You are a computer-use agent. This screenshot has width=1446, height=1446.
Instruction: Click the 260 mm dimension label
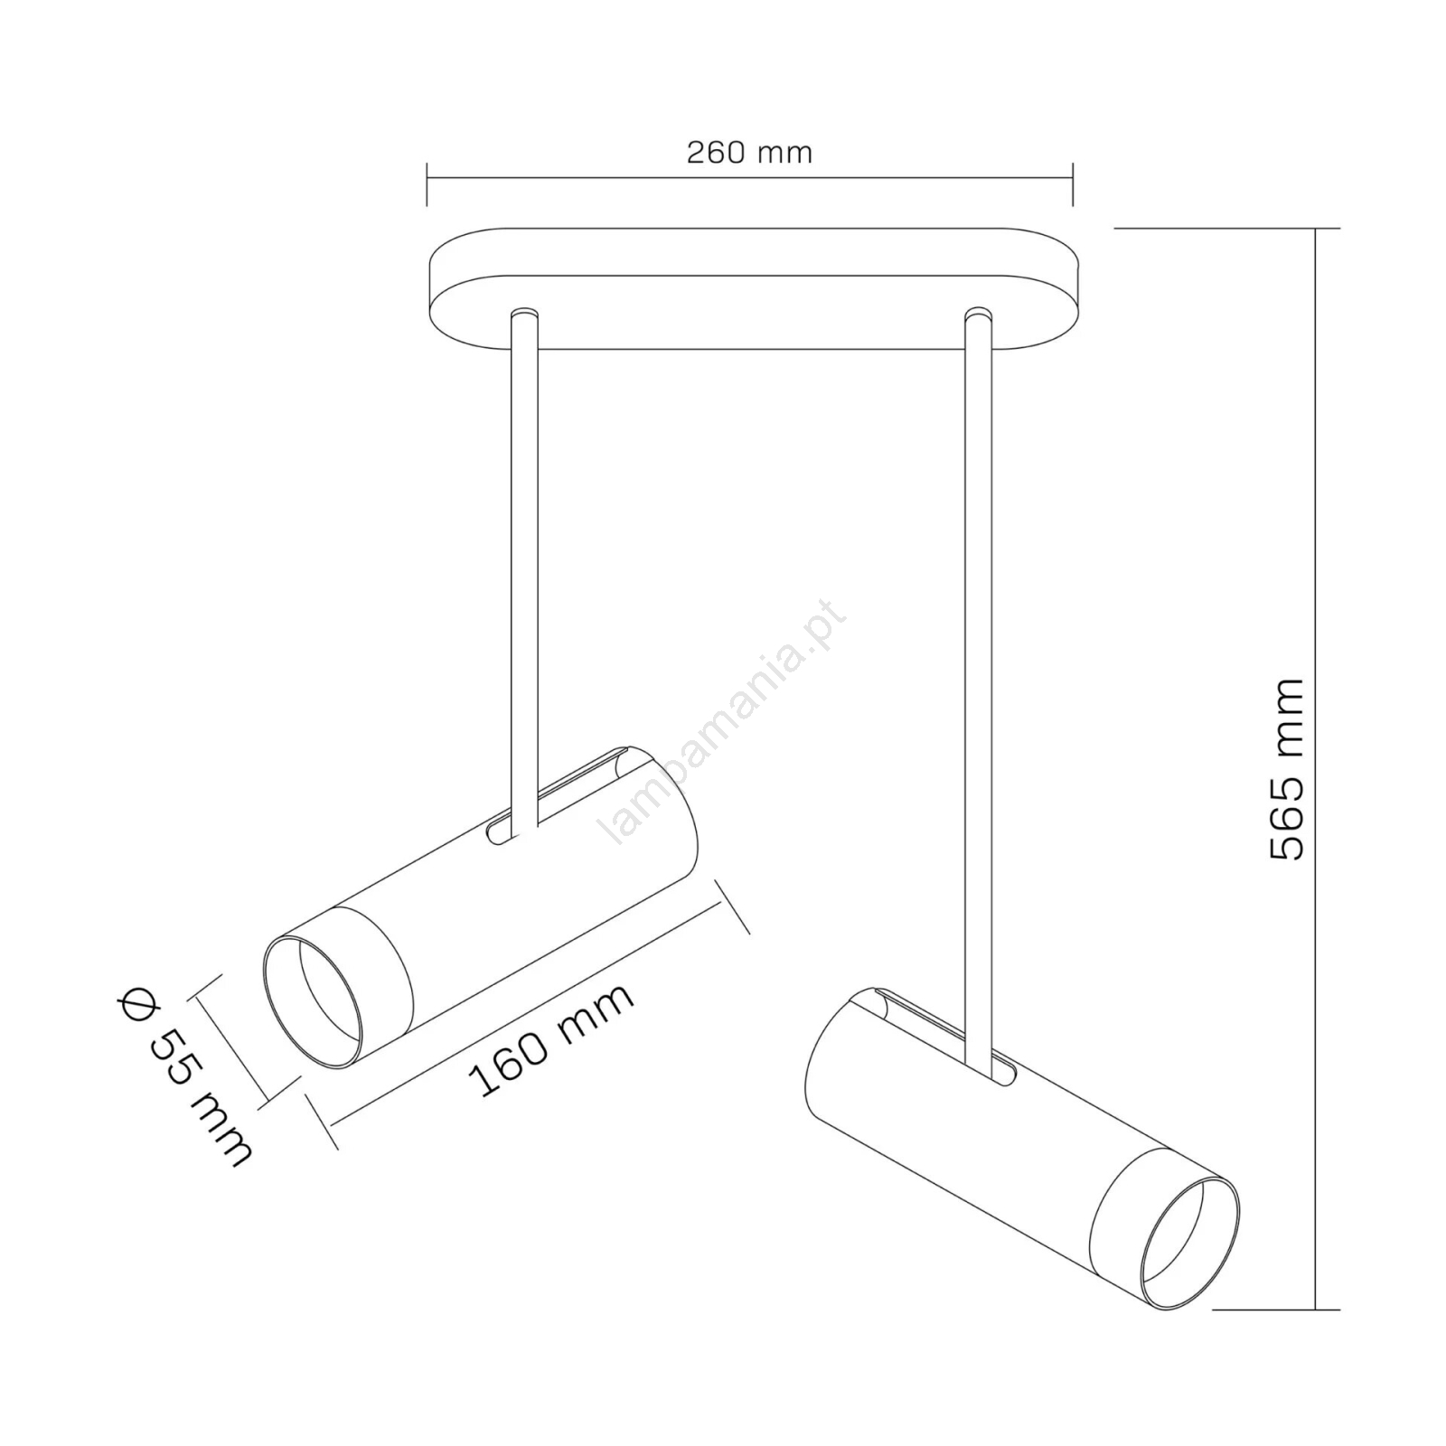coord(749,152)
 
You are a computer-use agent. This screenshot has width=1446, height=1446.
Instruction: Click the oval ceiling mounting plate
coord(755,289)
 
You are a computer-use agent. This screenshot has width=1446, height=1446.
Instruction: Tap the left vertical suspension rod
coord(524,569)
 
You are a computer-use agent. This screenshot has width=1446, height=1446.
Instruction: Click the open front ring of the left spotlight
coord(313,1002)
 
